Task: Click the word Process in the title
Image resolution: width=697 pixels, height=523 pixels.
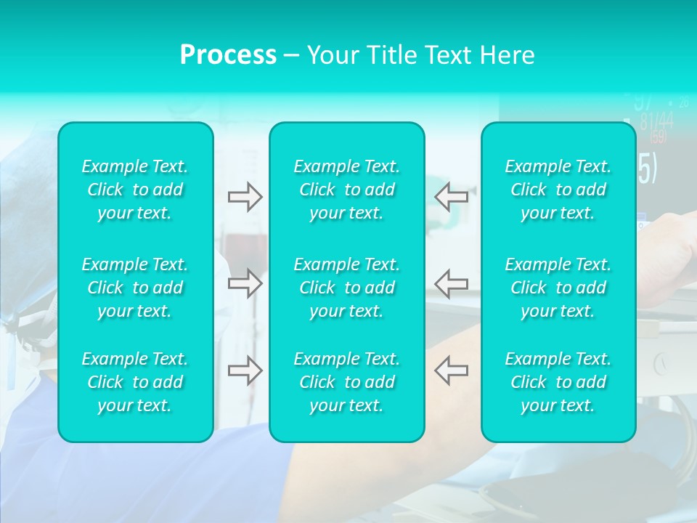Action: click(228, 55)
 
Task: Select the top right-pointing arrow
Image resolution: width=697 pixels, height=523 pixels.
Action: click(245, 197)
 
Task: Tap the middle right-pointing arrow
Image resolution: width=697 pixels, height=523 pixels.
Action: click(245, 283)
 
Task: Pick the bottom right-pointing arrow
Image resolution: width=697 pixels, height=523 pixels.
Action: click(245, 370)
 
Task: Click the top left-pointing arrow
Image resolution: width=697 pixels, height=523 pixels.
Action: click(451, 197)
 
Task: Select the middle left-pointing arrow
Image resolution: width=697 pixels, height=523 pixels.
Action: click(451, 283)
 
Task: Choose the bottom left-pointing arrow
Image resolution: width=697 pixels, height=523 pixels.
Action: click(451, 370)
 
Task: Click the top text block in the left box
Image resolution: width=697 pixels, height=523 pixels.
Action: click(135, 190)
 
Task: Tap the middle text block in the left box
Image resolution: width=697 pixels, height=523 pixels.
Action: click(135, 288)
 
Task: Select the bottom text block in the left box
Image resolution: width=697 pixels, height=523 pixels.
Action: click(135, 382)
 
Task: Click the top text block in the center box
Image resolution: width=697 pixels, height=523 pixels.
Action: click(347, 190)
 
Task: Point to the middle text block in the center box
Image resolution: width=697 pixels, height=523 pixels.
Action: click(347, 288)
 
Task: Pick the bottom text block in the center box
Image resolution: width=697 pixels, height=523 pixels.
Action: click(347, 382)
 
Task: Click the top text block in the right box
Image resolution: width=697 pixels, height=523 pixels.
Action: click(558, 190)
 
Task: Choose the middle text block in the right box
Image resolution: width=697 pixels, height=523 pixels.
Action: click(558, 288)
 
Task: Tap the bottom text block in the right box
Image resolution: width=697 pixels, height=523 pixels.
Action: click(558, 382)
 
